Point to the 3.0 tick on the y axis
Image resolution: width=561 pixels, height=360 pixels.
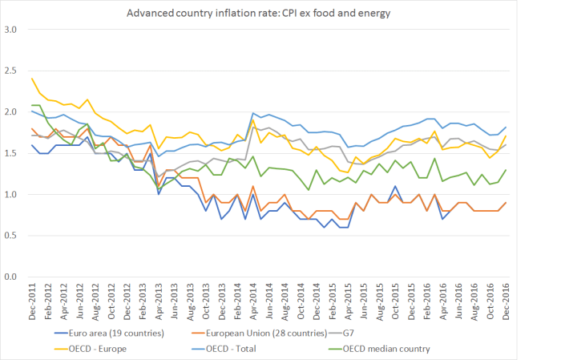pyautogui.click(x=12, y=30)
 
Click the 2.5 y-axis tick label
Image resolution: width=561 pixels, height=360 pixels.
pyautogui.click(x=12, y=71)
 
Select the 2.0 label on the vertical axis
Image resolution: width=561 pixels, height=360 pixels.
pyautogui.click(x=12, y=112)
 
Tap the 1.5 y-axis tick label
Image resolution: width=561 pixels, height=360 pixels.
pyautogui.click(x=12, y=153)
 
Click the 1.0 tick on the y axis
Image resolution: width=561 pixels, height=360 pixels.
pyautogui.click(x=12, y=195)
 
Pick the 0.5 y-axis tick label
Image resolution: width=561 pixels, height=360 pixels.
pyautogui.click(x=12, y=236)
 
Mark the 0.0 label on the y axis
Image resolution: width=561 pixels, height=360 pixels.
pyautogui.click(x=12, y=277)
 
